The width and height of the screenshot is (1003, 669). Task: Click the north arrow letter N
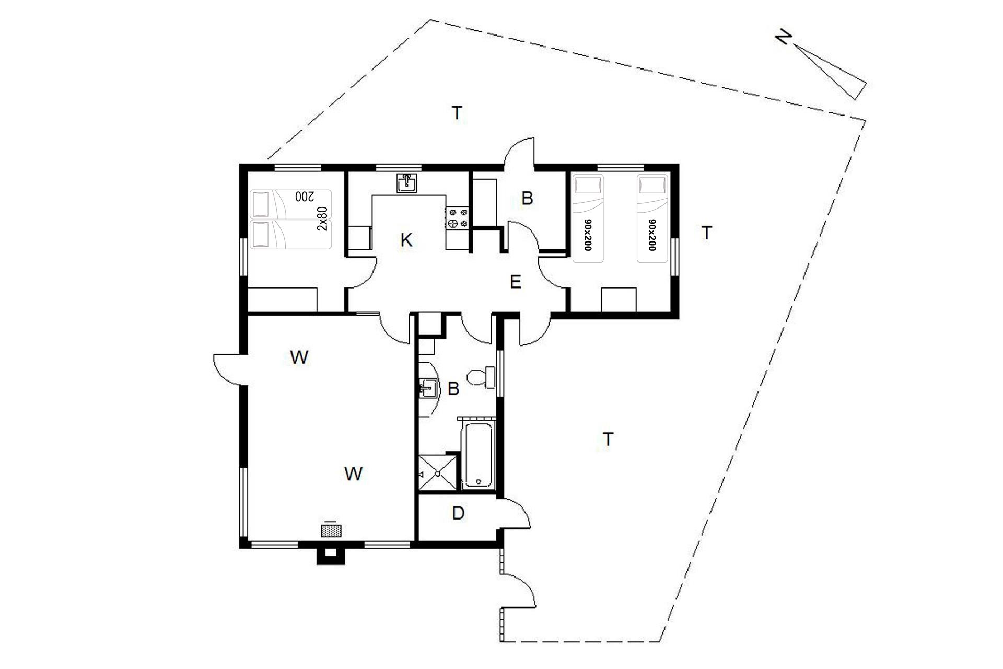(783, 38)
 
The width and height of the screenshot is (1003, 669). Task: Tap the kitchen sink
(406, 183)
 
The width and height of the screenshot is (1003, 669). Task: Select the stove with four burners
(458, 218)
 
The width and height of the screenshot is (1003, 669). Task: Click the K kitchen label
(406, 240)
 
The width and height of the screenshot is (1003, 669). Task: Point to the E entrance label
(516, 282)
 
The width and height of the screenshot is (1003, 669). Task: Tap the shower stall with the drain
(438, 473)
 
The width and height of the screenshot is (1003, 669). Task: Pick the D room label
(458, 513)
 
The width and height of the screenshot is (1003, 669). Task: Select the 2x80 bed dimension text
(323, 218)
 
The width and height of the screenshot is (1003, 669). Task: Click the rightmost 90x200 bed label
(651, 235)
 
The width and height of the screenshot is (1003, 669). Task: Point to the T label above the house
(457, 112)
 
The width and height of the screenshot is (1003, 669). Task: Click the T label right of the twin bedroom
(707, 233)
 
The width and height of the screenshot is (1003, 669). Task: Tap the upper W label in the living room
(299, 357)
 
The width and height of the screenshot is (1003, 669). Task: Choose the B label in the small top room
(527, 199)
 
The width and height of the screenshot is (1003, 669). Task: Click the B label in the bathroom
(453, 389)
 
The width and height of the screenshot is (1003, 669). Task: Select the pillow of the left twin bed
(588, 185)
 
